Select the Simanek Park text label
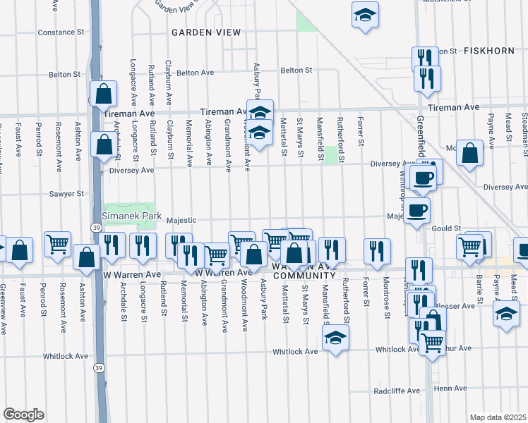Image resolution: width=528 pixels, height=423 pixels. [x=132, y=216]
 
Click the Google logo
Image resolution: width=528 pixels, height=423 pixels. [x=23, y=414]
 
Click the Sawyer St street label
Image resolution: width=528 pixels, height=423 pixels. [x=66, y=193]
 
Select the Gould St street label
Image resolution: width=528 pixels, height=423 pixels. [x=446, y=228]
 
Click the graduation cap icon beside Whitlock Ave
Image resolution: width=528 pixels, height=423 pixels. [x=335, y=337]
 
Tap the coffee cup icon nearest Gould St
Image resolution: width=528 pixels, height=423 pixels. [x=416, y=209]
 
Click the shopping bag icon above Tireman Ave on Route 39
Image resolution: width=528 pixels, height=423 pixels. [x=103, y=93]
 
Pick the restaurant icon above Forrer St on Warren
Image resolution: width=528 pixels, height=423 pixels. [x=378, y=250]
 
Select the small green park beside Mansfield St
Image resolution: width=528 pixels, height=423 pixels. [x=329, y=154]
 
